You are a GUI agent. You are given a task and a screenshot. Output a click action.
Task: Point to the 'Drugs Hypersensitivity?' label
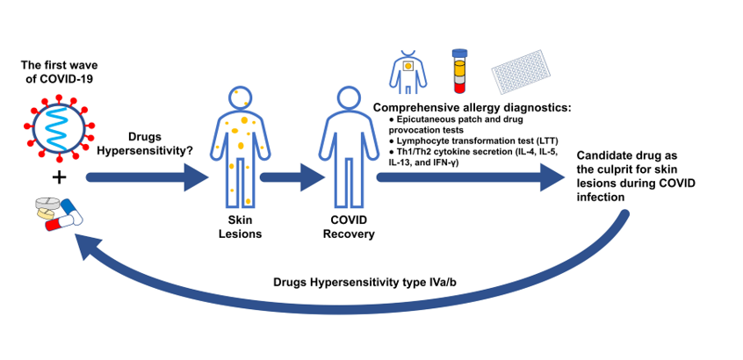click(142, 144)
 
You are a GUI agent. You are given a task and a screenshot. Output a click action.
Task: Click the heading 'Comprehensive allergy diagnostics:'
click(472, 108)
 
